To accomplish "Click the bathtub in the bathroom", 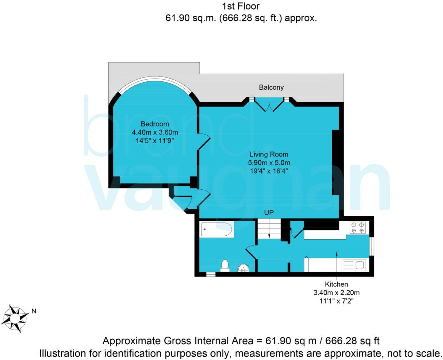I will (x=217, y=229).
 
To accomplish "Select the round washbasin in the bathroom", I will (x=243, y=268).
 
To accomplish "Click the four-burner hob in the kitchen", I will (x=358, y=228).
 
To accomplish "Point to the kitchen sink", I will (x=353, y=265).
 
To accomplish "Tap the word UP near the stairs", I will (x=269, y=213).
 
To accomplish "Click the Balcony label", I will (x=271, y=87).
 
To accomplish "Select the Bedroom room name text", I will (x=155, y=124).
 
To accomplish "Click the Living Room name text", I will (x=269, y=154).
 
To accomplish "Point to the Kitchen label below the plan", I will (x=336, y=284).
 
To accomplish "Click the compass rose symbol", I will (x=15, y=317).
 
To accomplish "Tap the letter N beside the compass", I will (x=34, y=311).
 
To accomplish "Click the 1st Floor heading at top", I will (x=240, y=6).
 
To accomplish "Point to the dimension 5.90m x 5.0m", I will (x=269, y=162).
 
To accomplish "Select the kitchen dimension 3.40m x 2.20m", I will (x=336, y=292).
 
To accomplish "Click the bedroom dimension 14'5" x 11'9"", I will (x=155, y=141).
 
